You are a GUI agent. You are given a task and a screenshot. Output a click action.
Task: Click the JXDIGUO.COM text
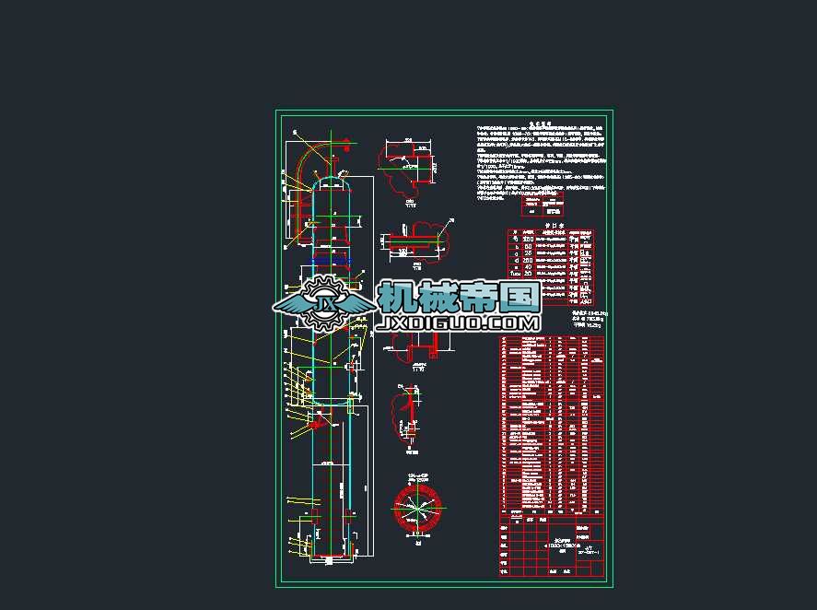pos(458,323)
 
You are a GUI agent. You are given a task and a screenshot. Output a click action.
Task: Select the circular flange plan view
pos(417,508)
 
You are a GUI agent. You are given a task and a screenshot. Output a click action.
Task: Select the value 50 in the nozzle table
pos(528,247)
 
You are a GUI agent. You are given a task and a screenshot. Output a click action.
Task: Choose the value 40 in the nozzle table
pos(528,266)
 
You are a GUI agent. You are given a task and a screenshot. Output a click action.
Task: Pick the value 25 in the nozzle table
pos(528,256)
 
